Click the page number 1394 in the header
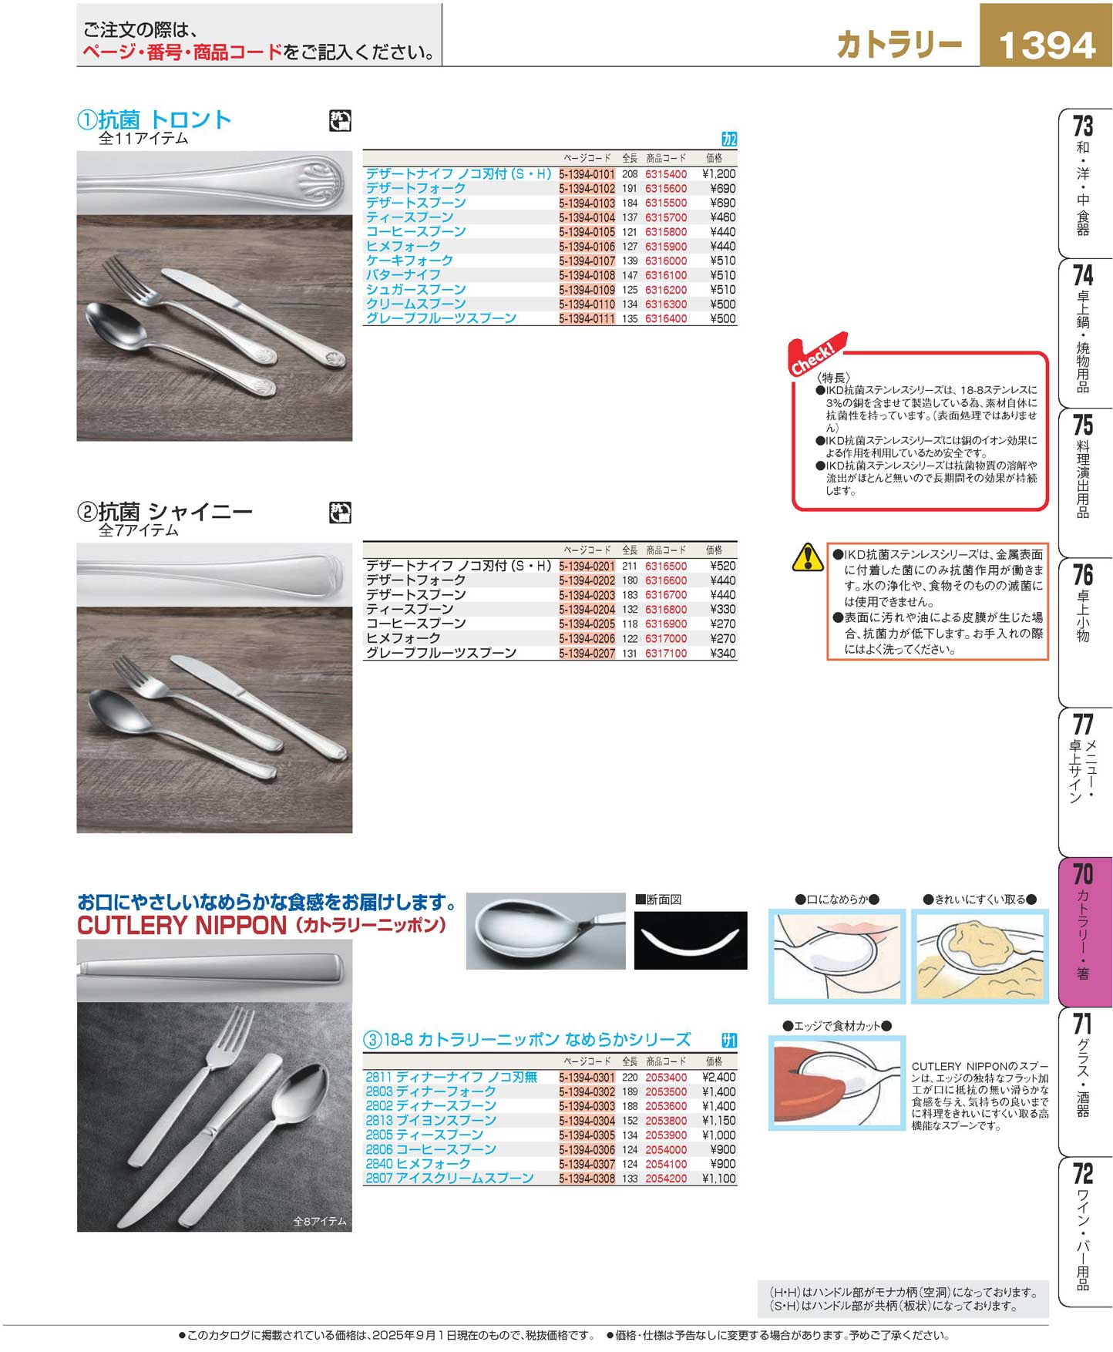[1046, 45]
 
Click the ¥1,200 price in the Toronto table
[719, 174]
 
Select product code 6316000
[666, 261]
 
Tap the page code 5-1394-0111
[587, 318]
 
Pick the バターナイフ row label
[403, 275]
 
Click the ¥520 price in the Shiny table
[723, 566]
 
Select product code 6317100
[666, 653]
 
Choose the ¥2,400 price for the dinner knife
[719, 1077]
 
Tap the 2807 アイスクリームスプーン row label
[449, 1178]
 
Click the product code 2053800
[666, 1120]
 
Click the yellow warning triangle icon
[808, 557]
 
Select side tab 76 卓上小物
[1083, 604]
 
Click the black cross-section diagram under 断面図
[691, 940]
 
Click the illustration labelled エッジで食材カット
[837, 1082]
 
